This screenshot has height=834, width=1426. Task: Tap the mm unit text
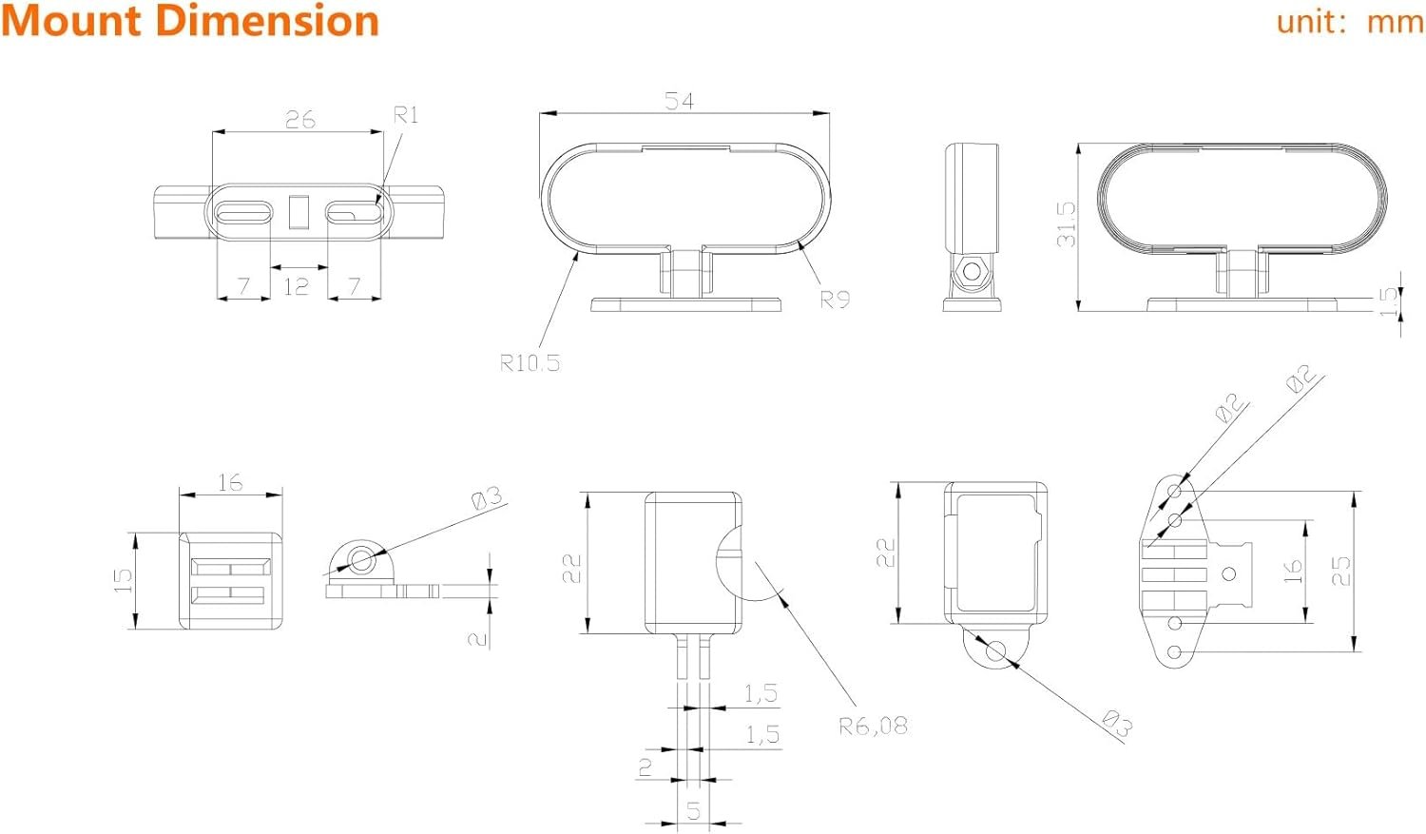[1395, 21]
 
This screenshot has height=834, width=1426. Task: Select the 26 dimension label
[299, 119]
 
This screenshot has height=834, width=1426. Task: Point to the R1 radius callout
[406, 115]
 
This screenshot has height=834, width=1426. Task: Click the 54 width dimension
[679, 100]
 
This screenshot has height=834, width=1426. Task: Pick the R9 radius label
[835, 300]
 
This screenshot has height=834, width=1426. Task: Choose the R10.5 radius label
[530, 362]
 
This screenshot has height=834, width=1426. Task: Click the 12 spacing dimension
[296, 285]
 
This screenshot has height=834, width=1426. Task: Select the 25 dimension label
[1340, 570]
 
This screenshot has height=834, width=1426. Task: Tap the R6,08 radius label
[873, 727]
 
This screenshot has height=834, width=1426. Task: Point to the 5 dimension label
[693, 811]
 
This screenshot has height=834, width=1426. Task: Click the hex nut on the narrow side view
[971, 271]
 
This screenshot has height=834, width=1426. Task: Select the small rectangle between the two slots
[299, 211]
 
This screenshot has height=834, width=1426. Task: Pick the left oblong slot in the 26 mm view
[243, 212]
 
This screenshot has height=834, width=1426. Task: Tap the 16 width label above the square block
[230, 482]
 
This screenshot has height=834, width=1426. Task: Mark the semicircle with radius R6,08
[730, 561]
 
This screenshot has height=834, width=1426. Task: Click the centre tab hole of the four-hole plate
[1229, 573]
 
